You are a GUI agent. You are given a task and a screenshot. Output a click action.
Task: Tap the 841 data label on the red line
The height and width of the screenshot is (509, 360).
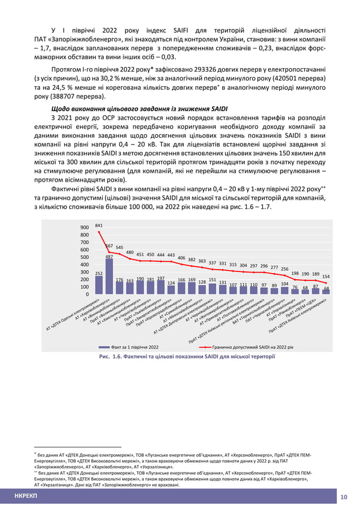(x=99, y=226)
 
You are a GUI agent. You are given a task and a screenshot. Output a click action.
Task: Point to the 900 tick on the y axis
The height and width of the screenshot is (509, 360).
(x=85, y=227)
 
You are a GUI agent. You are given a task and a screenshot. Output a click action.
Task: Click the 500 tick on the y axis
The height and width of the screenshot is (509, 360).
(x=85, y=257)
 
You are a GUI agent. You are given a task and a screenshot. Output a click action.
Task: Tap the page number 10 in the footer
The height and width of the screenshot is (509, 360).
(x=344, y=497)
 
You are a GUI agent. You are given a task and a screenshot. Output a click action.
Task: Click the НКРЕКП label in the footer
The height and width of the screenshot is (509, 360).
(x=25, y=497)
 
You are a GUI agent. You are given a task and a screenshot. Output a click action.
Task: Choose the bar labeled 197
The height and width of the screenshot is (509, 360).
(x=161, y=287)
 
